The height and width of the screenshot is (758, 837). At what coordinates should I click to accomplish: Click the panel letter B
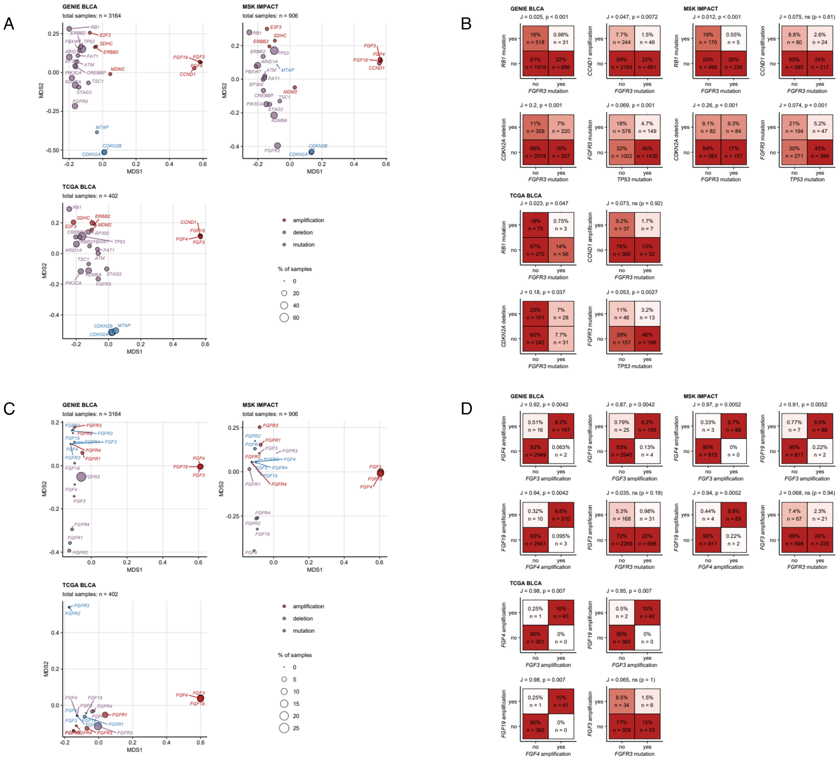466,24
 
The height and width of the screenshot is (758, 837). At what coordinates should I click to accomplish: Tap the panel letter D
466,409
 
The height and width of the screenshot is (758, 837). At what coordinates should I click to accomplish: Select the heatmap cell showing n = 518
535,38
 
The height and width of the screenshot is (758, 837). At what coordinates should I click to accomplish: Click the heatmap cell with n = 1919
535,63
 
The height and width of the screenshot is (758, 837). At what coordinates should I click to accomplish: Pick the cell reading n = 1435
647,152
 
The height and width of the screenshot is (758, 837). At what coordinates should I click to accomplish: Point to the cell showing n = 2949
535,451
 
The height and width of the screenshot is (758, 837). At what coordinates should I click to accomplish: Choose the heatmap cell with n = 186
647,338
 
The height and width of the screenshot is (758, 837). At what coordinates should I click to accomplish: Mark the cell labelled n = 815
708,451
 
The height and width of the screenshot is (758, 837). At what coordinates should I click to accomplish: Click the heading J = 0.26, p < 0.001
715,105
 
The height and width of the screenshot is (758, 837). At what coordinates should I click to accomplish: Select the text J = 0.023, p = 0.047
544,203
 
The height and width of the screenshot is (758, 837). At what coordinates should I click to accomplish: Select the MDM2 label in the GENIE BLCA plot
118,69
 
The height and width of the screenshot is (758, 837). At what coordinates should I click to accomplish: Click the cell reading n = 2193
621,63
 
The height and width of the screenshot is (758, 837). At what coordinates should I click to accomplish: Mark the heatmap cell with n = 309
621,726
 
